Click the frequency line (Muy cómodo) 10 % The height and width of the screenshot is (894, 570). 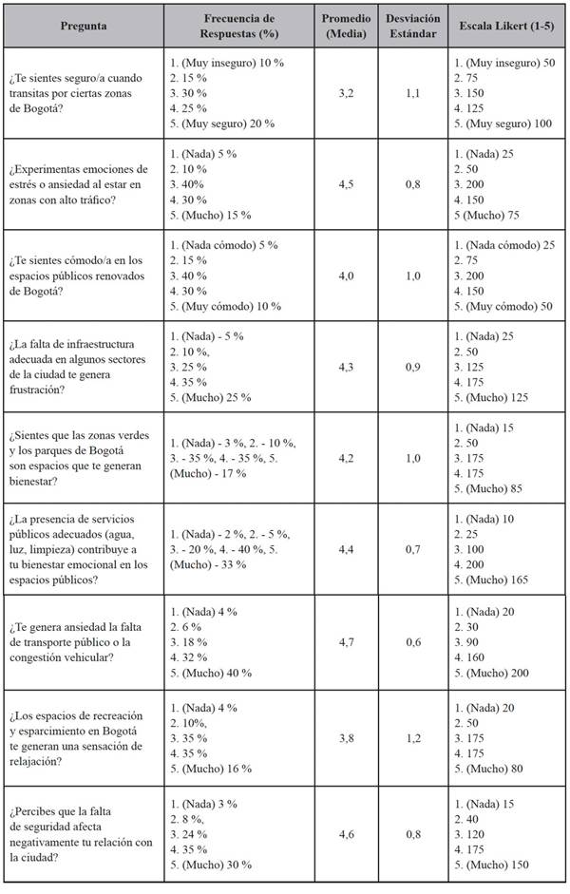(x=226, y=306)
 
